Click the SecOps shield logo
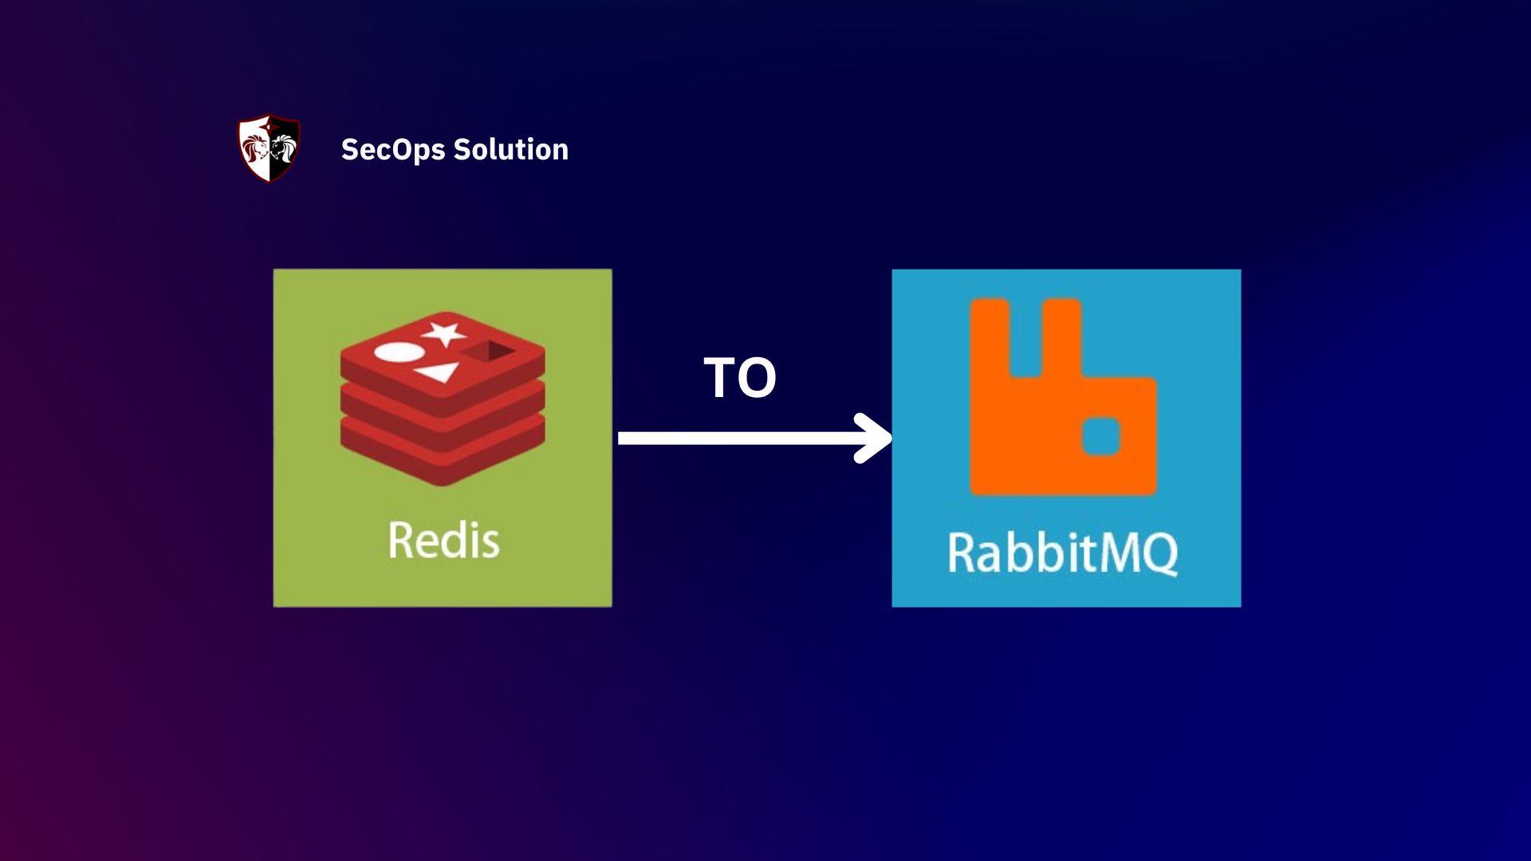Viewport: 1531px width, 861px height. click(x=270, y=149)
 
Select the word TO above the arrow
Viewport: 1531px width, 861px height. click(x=740, y=378)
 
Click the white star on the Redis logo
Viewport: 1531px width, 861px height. click(x=444, y=333)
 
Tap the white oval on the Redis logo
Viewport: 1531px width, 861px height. click(x=398, y=352)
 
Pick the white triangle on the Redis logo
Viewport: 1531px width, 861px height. click(x=439, y=372)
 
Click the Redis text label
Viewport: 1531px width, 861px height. click(x=443, y=541)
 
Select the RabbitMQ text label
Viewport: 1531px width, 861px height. click(x=1062, y=552)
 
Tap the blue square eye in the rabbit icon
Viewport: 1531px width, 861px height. click(x=1101, y=436)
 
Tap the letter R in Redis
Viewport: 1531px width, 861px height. click(x=400, y=541)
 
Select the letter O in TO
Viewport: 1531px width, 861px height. click(x=757, y=378)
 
